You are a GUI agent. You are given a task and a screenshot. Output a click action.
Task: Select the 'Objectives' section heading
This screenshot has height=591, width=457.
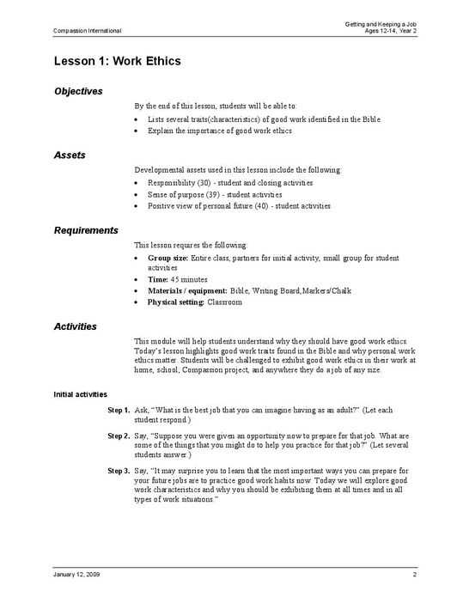(78, 90)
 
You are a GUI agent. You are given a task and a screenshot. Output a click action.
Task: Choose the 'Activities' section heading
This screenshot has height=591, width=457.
(75, 326)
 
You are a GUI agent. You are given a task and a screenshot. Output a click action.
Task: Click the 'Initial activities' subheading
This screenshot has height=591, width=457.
(81, 393)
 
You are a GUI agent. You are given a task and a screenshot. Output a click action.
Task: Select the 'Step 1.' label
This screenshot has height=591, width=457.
(119, 411)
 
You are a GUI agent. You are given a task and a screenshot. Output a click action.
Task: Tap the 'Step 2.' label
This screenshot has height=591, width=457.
(119, 436)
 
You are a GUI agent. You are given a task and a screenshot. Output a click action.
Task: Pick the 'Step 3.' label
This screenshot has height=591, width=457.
(119, 471)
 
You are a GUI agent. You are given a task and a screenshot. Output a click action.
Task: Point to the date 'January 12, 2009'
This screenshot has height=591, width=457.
(76, 572)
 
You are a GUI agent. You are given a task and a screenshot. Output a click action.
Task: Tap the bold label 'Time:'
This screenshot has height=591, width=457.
(158, 280)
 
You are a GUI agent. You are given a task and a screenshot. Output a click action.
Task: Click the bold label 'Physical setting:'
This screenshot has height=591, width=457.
(176, 302)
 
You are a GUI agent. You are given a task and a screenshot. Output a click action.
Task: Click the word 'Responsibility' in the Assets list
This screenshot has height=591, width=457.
(171, 183)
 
